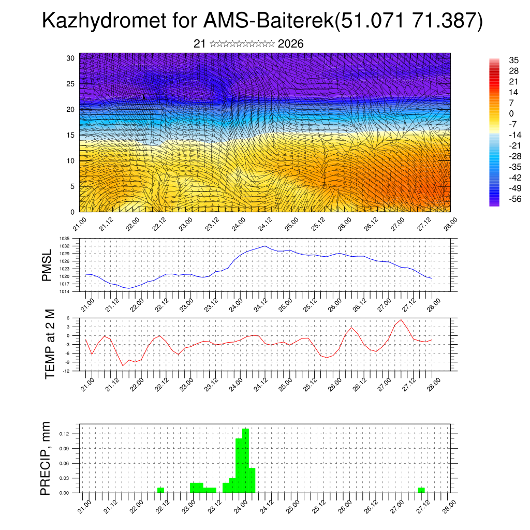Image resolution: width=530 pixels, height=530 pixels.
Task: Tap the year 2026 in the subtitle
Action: tap(290, 44)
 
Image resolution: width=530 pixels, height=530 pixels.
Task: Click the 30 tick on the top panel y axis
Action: tap(71, 58)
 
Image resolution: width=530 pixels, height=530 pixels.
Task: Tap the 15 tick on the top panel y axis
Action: tap(71, 135)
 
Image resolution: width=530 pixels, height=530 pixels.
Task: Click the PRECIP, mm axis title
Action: tap(47, 458)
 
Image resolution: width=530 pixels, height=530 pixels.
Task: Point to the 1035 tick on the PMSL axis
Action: tap(65, 239)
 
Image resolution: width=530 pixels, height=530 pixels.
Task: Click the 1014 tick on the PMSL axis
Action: tap(65, 291)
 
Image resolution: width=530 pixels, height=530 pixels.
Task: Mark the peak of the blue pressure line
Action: tap(265, 246)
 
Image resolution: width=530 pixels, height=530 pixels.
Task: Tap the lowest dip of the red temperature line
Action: tap(123, 365)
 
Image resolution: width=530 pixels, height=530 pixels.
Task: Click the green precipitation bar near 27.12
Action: tap(421, 490)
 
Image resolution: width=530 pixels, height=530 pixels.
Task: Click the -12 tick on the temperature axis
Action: tap(67, 371)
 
